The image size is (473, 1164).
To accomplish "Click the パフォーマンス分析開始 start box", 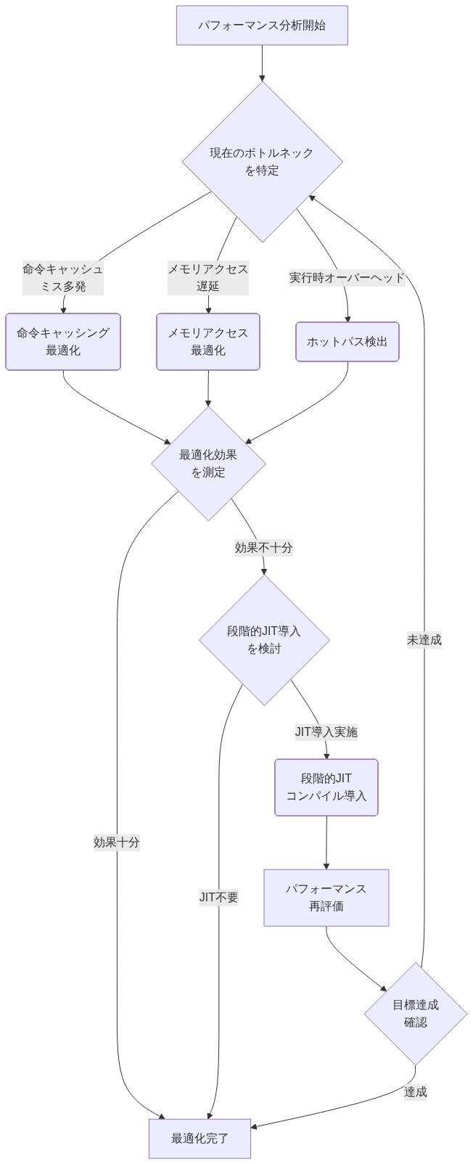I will point(262,25).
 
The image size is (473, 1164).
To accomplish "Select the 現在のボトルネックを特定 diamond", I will point(262,162).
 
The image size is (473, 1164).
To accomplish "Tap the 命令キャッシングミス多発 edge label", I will point(63,277).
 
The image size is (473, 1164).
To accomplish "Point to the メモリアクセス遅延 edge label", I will point(208,277).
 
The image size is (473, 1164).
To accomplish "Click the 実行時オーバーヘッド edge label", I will point(347,277).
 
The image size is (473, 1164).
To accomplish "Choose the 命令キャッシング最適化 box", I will point(63,342).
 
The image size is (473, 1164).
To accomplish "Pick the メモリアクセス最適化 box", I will point(208,342).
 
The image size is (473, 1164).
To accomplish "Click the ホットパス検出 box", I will point(347,342).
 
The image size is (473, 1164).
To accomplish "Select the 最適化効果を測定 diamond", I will point(208,464).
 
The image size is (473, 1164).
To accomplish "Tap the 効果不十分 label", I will point(263,548).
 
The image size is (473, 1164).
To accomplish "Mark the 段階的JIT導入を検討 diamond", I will point(264,640).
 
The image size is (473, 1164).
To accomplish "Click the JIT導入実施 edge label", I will point(326,731).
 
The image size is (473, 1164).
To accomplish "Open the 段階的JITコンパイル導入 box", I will point(326,787).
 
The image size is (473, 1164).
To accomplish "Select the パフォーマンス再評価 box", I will point(326,898).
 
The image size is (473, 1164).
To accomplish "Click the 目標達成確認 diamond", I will point(416,1014).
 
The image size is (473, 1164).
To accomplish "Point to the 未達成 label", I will point(424,639).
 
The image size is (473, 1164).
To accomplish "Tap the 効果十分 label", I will point(117,843).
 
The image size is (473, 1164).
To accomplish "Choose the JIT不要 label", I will point(219,898).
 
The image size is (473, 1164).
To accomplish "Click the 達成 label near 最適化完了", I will point(416,1091).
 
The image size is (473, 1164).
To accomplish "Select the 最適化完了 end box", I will point(200,1139).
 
